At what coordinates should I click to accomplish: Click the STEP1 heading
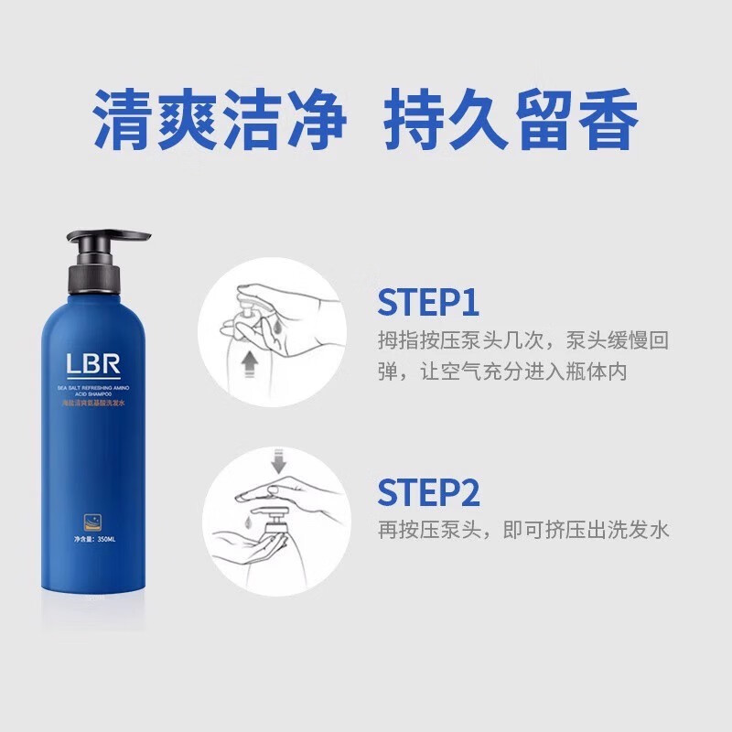[428, 303]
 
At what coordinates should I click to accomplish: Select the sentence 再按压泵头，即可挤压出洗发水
[524, 530]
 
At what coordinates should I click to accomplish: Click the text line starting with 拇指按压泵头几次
[524, 340]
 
